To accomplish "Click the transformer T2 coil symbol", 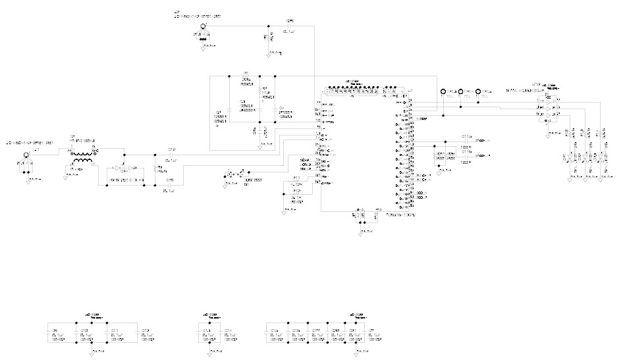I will click(x=83, y=159).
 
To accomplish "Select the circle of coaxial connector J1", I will click(x=26, y=157).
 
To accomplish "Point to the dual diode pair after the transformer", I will click(x=124, y=168).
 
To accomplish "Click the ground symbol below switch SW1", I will click(x=226, y=186).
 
